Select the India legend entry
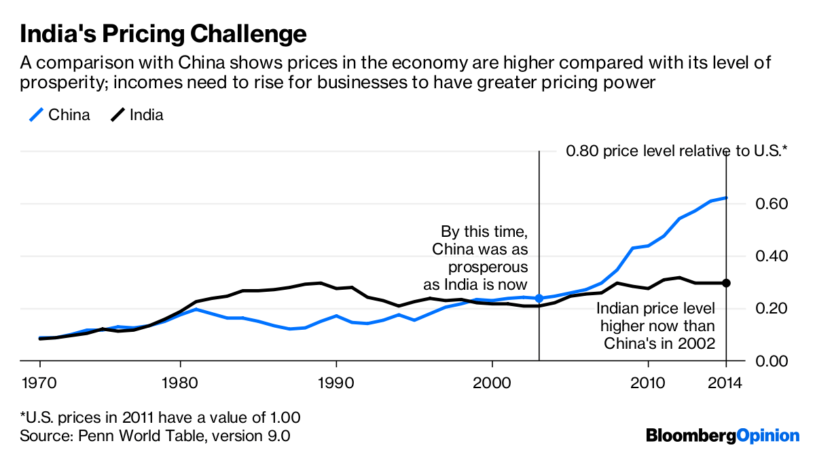pyautogui.click(x=137, y=115)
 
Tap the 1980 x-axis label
pyautogui.click(x=179, y=381)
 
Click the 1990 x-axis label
pyautogui.click(x=336, y=381)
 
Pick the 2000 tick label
pyautogui.click(x=492, y=381)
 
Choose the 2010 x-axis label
pyautogui.click(x=648, y=381)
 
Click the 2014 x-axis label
pyautogui.click(x=726, y=381)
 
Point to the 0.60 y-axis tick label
pyautogui.click(x=771, y=204)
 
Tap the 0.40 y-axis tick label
pyautogui.click(x=771, y=256)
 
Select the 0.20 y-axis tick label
pyautogui.click(x=771, y=309)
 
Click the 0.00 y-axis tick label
pyautogui.click(x=771, y=361)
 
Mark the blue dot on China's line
pyautogui.click(x=539, y=298)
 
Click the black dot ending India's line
pyautogui.click(x=726, y=283)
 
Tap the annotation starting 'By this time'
pyautogui.click(x=480, y=258)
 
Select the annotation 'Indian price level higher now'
pyautogui.click(x=655, y=326)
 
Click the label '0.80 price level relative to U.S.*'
pyautogui.click(x=676, y=151)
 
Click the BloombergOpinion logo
pyautogui.click(x=723, y=435)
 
